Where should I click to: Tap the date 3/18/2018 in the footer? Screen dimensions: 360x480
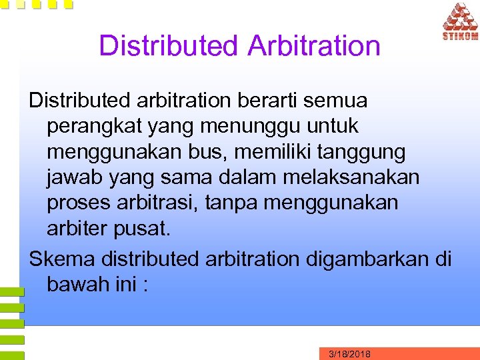(350, 354)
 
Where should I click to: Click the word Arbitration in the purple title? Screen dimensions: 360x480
(313, 46)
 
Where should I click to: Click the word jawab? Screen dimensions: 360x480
(74, 178)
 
